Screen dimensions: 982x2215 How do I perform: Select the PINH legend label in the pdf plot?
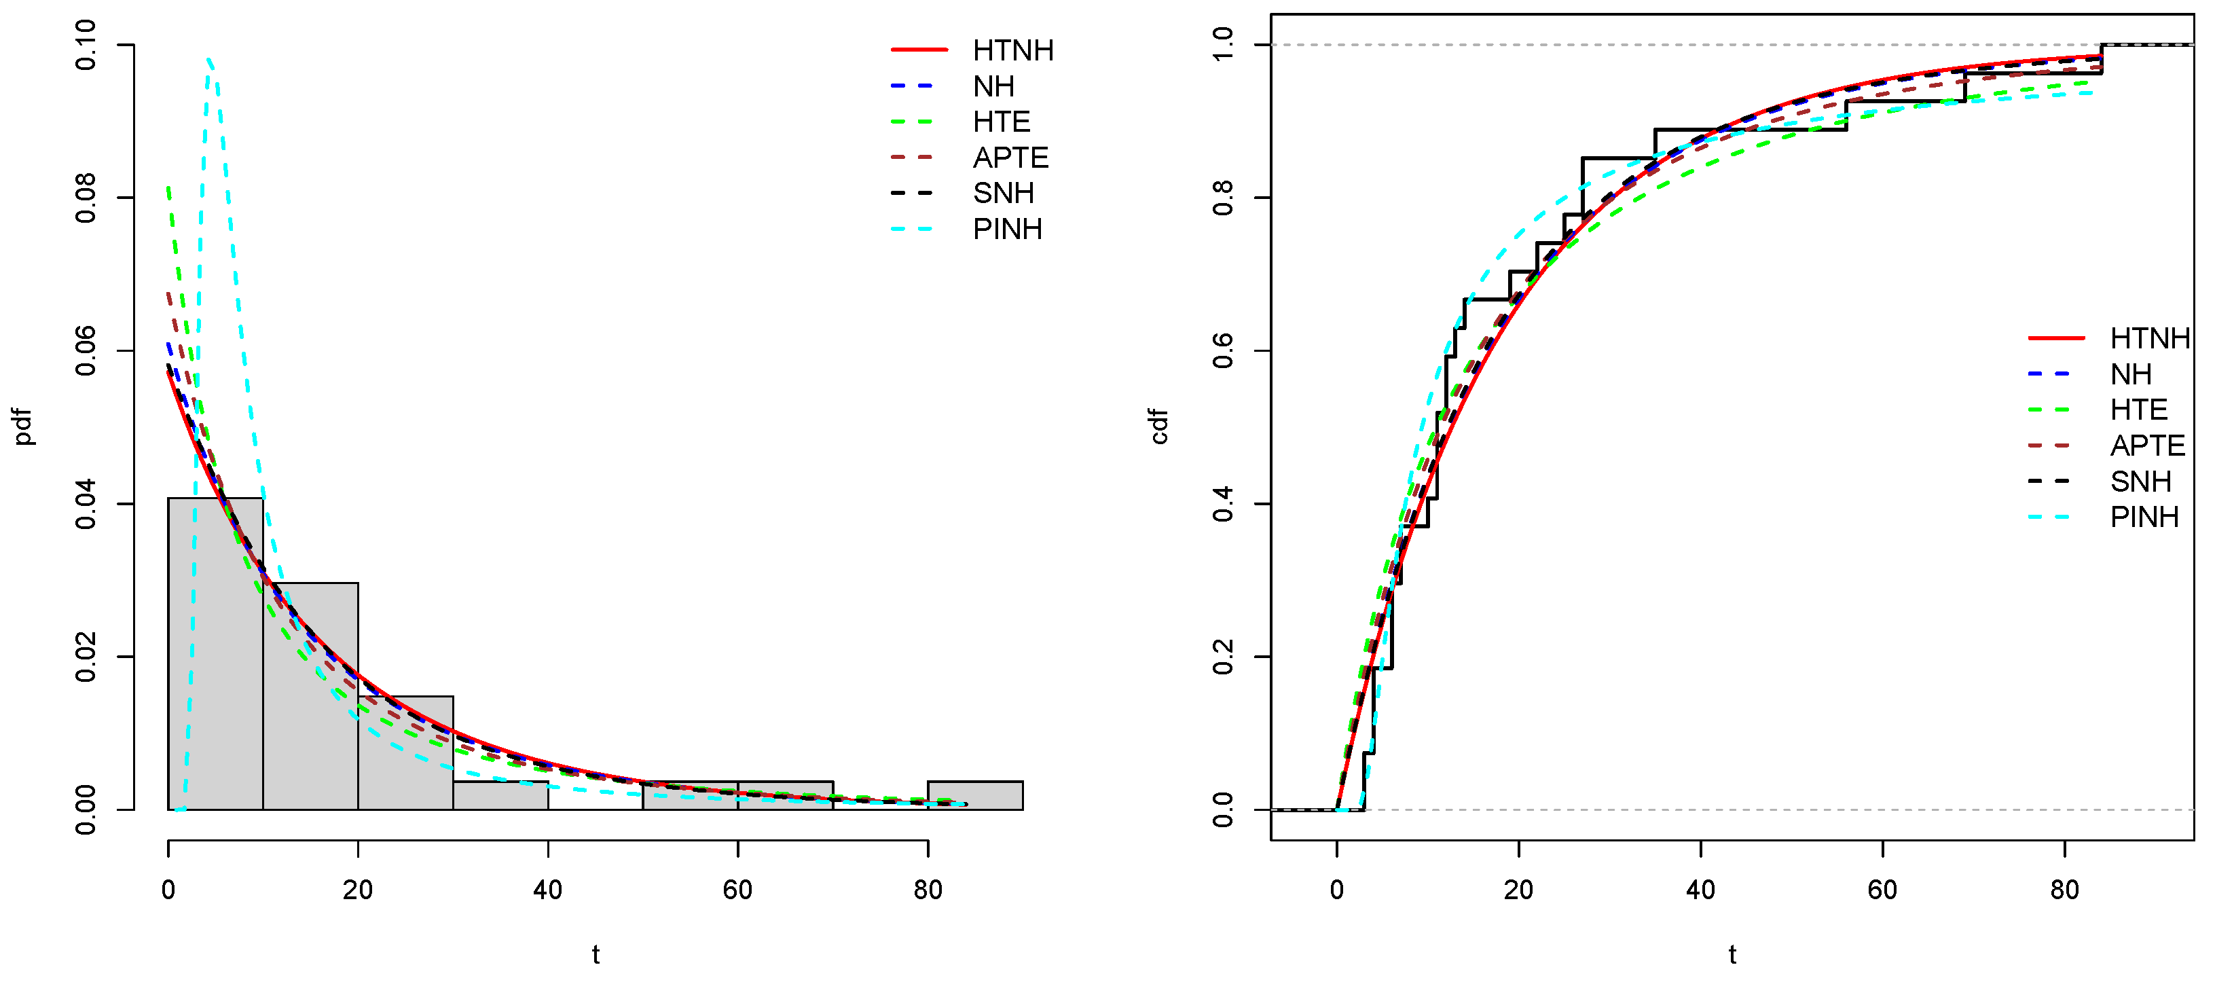pos(1007,230)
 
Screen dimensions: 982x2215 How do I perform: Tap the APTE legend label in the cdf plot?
pos(2147,445)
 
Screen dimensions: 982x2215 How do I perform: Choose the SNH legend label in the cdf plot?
pos(2140,481)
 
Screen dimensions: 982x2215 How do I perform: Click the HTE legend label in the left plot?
pos(1001,122)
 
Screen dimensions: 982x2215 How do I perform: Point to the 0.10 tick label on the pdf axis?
pos(86,45)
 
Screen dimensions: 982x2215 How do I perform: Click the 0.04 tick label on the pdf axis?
pos(86,504)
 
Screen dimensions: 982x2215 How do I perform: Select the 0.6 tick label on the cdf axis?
pos(1222,351)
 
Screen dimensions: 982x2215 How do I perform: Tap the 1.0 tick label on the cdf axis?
pos(1222,45)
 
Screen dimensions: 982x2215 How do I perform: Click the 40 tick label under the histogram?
pos(548,890)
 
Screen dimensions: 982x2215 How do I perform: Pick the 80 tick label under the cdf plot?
pos(2064,890)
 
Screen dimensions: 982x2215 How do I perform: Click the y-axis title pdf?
pos(24,426)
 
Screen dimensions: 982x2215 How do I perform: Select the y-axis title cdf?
pos(1159,426)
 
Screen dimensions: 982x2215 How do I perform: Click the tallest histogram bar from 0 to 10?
pos(215,653)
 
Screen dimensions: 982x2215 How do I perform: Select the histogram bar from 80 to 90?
pos(975,795)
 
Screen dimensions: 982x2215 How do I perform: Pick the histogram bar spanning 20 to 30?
pos(405,753)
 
